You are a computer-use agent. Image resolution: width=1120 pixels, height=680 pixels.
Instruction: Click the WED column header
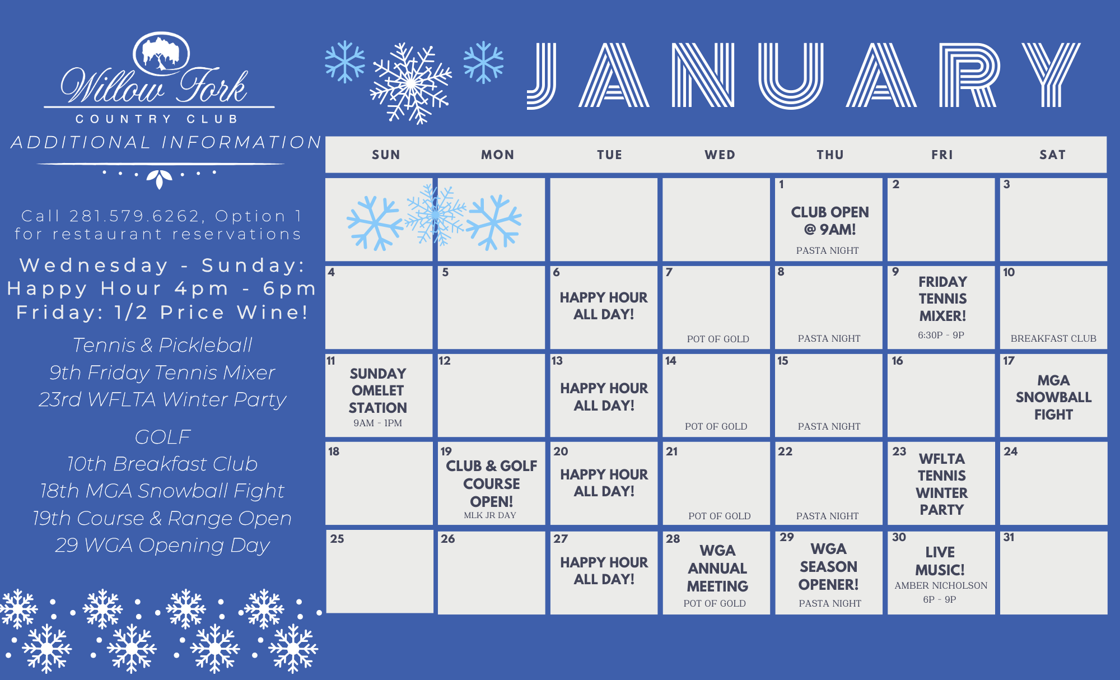720,155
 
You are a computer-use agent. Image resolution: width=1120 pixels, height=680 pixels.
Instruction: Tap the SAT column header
1052,155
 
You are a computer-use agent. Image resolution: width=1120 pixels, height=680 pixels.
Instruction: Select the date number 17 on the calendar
1009,361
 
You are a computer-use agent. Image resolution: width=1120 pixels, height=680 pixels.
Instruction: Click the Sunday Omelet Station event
378,390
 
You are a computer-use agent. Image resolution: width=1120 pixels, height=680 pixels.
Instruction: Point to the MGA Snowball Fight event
1053,397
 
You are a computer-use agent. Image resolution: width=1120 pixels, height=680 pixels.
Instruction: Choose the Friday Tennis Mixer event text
942,299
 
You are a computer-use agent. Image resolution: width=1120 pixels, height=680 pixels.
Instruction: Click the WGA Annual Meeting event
717,568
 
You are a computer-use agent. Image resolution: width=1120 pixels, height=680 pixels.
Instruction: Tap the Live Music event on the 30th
940,561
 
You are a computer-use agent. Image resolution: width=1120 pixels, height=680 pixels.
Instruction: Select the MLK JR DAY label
490,515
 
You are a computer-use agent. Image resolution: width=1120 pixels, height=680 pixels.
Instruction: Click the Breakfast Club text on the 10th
1053,338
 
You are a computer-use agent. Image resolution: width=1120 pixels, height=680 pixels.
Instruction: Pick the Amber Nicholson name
941,585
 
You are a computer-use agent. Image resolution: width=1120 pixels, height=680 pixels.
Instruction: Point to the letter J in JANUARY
542,76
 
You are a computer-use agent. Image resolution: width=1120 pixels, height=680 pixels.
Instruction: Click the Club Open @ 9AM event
830,221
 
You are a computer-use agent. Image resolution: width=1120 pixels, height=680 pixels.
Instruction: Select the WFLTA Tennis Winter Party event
942,484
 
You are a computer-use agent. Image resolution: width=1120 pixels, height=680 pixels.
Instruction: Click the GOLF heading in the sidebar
162,436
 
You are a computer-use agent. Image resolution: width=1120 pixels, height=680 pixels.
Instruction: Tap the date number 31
1009,537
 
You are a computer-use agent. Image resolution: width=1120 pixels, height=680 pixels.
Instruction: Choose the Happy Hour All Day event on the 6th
604,306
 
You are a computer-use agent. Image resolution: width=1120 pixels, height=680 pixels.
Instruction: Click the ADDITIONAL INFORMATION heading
166,142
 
